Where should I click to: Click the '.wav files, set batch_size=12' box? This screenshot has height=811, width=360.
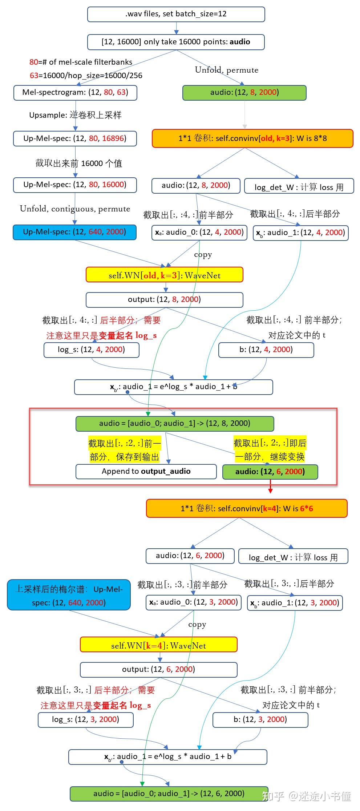(176, 14)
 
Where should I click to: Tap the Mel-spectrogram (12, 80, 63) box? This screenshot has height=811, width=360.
(75, 92)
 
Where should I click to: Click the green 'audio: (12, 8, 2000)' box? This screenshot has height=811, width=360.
(244, 92)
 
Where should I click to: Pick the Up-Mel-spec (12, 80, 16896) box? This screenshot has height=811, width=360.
(75, 138)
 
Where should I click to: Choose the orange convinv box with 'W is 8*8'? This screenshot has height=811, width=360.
(252, 138)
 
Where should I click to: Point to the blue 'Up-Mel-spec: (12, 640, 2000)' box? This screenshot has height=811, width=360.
(74, 232)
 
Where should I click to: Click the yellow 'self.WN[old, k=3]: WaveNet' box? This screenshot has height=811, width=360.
(164, 275)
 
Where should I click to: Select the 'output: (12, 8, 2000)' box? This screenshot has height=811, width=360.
(164, 299)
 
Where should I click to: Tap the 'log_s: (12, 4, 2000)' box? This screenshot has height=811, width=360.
(91, 350)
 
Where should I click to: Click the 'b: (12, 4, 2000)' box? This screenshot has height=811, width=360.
(266, 350)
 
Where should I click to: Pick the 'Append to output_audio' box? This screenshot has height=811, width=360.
(146, 471)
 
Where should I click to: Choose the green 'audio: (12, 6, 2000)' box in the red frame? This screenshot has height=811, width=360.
(270, 472)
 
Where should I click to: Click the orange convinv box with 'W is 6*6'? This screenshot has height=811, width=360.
(247, 508)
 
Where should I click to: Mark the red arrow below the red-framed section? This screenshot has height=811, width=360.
(270, 486)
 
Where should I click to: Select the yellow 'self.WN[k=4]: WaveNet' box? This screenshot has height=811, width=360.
(158, 646)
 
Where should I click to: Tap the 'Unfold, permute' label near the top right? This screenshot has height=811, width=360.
(227, 70)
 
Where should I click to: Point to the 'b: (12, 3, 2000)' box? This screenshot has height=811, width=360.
(260, 719)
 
